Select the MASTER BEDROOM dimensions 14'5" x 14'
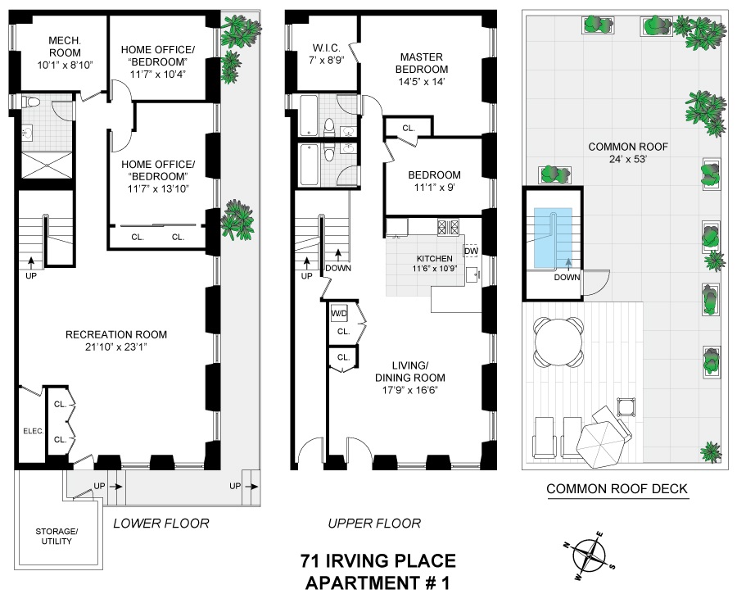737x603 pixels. point(421,82)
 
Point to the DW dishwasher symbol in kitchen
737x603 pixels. point(471,251)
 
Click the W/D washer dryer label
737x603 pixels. point(339,314)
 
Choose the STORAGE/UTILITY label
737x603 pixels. point(57,536)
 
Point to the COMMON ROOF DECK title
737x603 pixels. point(617,490)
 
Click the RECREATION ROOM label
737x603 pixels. point(116,334)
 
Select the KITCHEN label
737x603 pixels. point(434,259)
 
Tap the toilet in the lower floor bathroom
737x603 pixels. point(31,103)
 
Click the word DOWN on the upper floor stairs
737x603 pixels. point(337,268)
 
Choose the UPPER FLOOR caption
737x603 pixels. point(373,524)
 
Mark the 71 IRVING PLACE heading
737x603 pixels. point(378,561)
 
